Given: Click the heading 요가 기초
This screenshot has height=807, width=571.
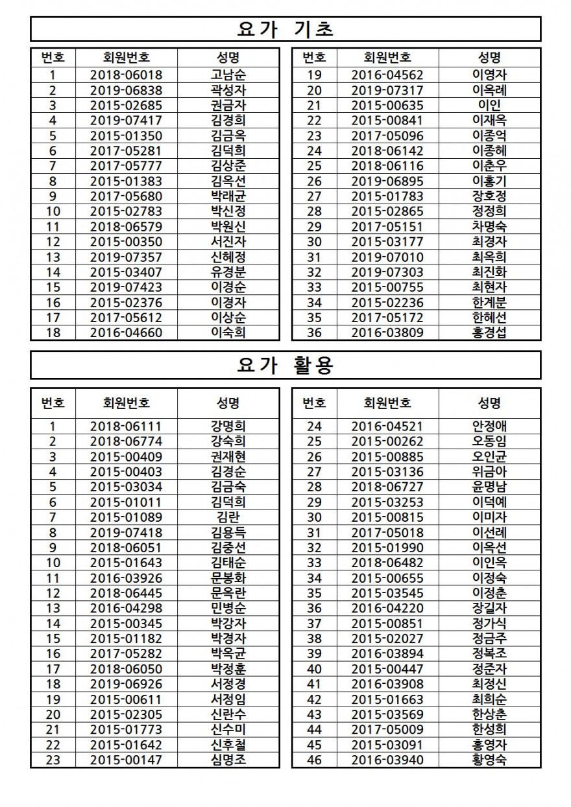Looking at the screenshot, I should pyautogui.click(x=285, y=29).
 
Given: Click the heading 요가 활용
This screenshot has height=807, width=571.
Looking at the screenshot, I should pyautogui.click(x=285, y=366).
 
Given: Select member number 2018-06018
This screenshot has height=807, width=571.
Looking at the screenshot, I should pyautogui.click(x=127, y=75).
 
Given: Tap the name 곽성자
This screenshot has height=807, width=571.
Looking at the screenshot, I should pyautogui.click(x=228, y=90).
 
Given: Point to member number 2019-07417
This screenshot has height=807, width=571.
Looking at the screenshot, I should pyautogui.click(x=127, y=120).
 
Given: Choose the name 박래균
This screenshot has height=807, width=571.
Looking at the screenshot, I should pyautogui.click(x=228, y=196).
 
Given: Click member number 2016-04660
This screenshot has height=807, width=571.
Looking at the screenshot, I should pyautogui.click(x=127, y=333).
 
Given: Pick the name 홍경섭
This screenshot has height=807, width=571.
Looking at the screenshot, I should pyautogui.click(x=489, y=333).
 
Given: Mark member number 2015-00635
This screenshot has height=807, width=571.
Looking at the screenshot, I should pyautogui.click(x=387, y=105).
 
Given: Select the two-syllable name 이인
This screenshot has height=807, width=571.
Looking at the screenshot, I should pyautogui.click(x=489, y=105).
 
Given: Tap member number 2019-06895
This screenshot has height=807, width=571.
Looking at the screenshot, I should pyautogui.click(x=387, y=181).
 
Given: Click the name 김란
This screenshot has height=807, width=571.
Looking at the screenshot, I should pyautogui.click(x=228, y=517).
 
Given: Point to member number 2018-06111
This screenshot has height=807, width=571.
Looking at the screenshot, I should pyautogui.click(x=127, y=426).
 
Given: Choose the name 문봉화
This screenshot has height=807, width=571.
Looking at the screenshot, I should pyautogui.click(x=228, y=578).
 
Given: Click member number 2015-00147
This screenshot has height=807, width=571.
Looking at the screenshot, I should pyautogui.click(x=127, y=760).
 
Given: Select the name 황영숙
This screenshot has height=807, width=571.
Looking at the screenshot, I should pyautogui.click(x=489, y=760).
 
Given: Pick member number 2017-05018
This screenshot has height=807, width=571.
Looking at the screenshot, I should pyautogui.click(x=387, y=532).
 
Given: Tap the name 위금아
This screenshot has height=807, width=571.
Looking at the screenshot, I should pyautogui.click(x=489, y=471).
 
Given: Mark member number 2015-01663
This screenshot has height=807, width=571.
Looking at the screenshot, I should pyautogui.click(x=387, y=699).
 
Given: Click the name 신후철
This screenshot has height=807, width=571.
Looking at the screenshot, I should pyautogui.click(x=228, y=745).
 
